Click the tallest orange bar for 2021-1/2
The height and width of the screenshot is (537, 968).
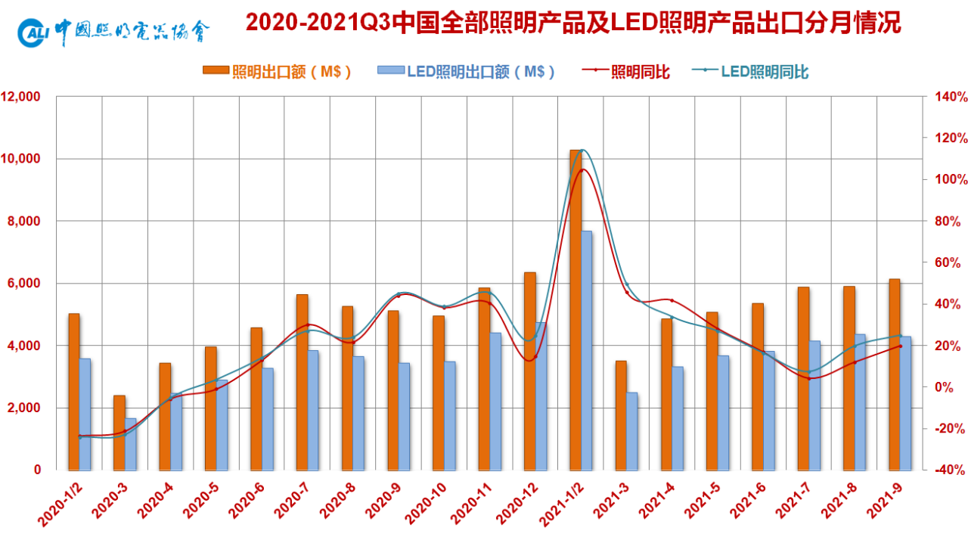pos(576,310)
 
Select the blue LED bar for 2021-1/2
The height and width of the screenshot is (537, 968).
pos(586,351)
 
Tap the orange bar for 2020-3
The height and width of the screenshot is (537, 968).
pos(119,433)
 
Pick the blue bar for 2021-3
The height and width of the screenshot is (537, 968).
pos(631,432)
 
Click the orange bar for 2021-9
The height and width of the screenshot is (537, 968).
pos(895,374)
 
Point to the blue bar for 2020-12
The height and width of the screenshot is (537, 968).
pos(541,396)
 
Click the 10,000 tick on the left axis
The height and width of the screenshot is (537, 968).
pos(20,159)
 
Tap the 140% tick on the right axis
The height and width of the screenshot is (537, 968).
pos(951,96)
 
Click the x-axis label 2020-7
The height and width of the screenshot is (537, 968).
pos(292,501)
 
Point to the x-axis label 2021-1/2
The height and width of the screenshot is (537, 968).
pos(562,505)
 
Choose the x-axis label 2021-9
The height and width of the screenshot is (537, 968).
pos(885,501)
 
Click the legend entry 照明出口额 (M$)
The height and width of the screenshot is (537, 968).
pos(277,71)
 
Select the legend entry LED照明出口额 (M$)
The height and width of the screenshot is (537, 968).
pos(466,71)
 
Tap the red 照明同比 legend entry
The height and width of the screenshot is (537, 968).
pos(625,71)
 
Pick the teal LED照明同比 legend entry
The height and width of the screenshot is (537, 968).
pos(749,71)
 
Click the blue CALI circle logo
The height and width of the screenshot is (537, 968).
pos(32,33)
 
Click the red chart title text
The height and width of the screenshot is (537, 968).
pos(573,23)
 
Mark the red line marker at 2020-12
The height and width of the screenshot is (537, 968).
pos(535,357)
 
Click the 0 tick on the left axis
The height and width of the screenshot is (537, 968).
pos(38,470)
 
